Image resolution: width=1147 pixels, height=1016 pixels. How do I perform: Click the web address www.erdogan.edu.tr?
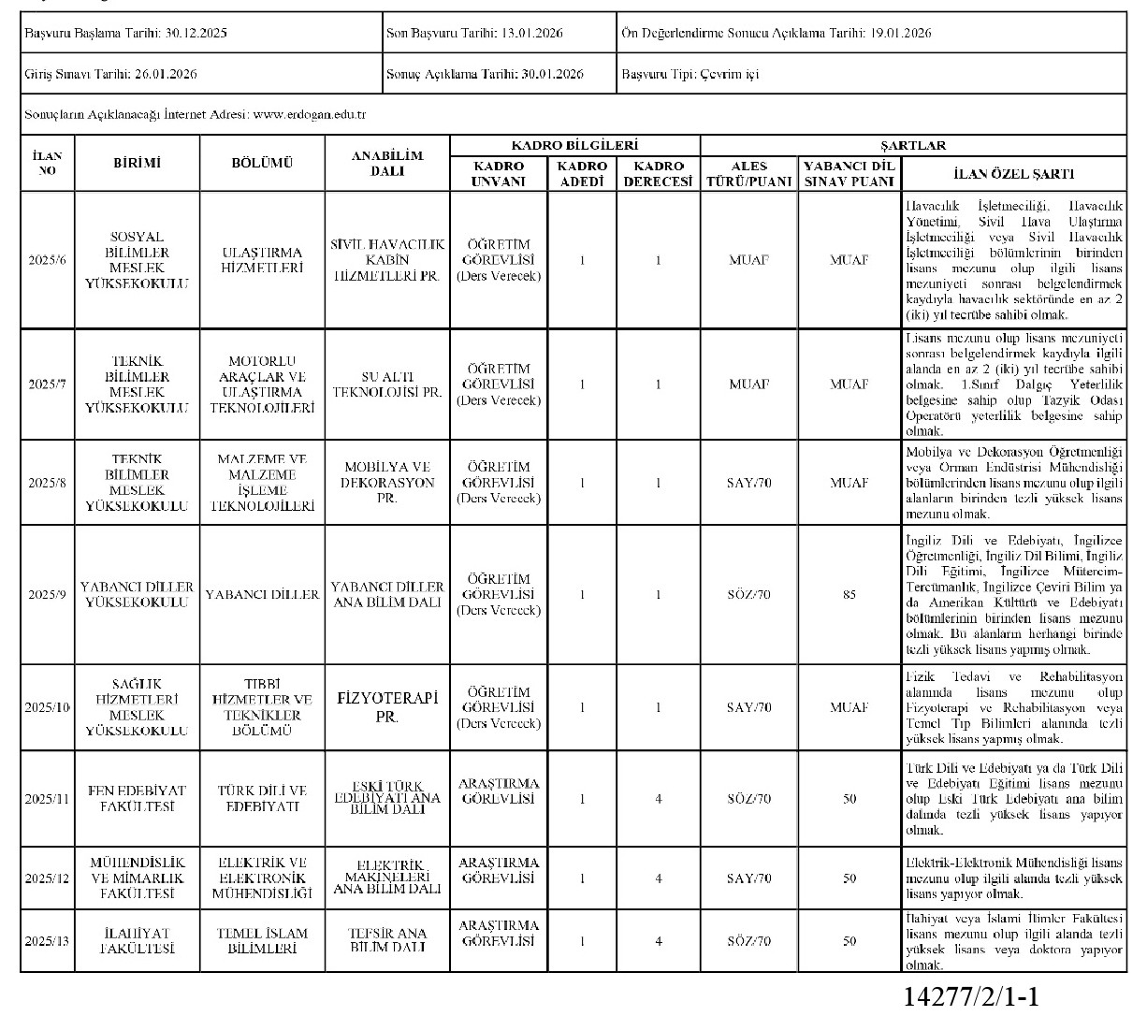pos(309,114)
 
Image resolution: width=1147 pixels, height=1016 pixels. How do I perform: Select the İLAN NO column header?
pos(47,163)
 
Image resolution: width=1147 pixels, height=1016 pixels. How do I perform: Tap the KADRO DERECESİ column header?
pos(659,173)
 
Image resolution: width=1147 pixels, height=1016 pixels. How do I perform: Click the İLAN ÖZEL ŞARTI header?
pos(1013,173)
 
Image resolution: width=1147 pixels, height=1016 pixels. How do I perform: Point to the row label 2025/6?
pos(47,260)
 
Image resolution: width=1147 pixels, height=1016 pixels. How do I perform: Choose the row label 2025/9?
pos(47,594)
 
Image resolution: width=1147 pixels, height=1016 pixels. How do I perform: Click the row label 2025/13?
pos(47,940)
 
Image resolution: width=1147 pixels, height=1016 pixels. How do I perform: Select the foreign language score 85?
pos(849,594)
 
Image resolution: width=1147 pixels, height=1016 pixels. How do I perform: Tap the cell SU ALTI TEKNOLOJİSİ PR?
pos(387,385)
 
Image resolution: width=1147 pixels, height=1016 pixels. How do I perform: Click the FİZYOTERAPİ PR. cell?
pos(387,707)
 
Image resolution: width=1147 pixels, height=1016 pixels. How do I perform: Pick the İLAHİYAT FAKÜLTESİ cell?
pos(138,940)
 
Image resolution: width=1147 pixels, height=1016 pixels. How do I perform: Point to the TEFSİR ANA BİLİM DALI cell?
pos(387,940)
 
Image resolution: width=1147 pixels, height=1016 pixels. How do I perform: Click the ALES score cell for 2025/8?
pos(749,483)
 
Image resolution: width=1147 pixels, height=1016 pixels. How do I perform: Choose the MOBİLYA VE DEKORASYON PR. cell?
pos(387,483)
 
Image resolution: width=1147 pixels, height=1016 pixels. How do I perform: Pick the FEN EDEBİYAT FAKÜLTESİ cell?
pos(138,799)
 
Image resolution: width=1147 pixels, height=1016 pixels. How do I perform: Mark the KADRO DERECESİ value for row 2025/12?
pos(659,878)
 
